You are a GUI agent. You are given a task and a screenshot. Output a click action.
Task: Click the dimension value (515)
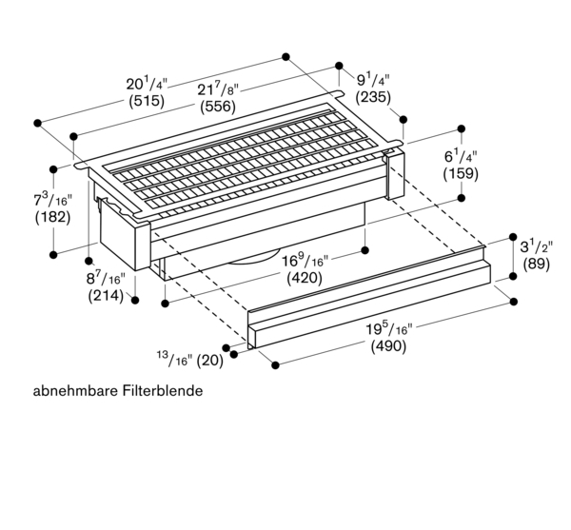pos(147,101)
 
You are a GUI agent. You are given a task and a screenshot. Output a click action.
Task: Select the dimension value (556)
pos(218,107)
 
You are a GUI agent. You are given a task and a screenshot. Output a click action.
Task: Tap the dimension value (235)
pos(373,97)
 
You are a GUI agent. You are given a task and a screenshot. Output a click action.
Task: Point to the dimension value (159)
pos(461,173)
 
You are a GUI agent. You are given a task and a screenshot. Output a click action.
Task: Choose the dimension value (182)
pos(52,217)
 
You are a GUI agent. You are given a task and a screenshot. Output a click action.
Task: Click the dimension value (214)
pos(106,296)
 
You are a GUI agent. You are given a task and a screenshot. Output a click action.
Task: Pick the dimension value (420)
pos(305,278)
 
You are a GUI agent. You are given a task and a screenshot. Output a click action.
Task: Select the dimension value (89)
pos(537,264)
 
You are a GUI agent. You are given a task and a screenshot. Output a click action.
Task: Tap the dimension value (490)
pos(388,345)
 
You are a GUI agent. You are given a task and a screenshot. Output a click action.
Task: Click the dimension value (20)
pos(209,361)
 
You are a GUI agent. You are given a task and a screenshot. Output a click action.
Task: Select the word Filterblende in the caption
pos(163,391)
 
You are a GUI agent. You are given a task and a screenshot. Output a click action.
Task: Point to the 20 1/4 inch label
pos(147,84)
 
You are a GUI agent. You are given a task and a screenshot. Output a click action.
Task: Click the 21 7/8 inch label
pos(218,89)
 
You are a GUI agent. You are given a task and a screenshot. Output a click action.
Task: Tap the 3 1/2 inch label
pos(536,247)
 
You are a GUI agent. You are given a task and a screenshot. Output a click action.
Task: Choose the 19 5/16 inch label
pos(388,329)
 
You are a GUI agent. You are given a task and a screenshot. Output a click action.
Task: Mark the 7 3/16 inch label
pos(52,200)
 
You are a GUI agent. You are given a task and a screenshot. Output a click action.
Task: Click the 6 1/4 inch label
pos(461,157)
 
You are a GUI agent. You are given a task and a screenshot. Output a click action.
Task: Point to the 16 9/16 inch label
pos(305,261)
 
